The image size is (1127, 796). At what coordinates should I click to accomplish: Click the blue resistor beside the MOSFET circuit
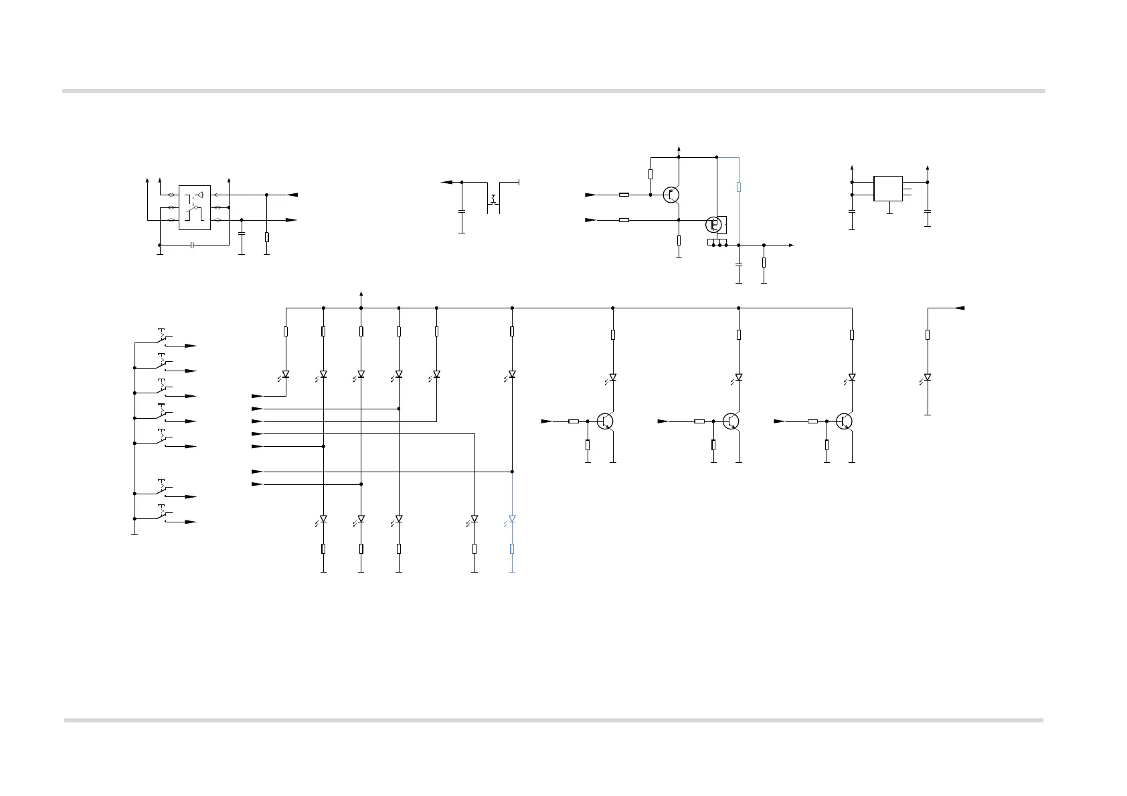(739, 187)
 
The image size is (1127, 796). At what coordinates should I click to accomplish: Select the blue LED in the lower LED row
(512, 519)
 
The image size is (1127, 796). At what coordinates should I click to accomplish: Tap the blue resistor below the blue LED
(512, 549)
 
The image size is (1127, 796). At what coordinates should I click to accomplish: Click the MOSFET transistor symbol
(715, 225)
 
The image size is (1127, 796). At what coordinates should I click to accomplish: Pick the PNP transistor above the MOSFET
(671, 195)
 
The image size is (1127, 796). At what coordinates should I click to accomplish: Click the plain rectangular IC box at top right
(888, 188)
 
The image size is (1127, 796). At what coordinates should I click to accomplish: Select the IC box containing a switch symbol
(195, 207)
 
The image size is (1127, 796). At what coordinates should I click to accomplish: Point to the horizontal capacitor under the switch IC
(192, 245)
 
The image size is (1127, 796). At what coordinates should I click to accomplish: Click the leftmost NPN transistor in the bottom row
(606, 421)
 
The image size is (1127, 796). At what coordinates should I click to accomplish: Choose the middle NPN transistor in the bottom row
(731, 421)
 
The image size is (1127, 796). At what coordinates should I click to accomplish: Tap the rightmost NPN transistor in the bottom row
(845, 421)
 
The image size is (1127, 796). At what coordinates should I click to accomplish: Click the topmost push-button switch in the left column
(163, 337)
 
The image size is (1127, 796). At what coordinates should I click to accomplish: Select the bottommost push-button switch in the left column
(163, 513)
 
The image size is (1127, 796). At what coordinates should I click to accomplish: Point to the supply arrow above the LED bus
(361, 294)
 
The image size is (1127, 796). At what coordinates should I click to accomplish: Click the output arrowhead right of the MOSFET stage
(792, 245)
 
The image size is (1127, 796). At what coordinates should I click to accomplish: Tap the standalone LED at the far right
(928, 378)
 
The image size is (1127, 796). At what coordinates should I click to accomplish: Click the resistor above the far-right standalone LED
(928, 334)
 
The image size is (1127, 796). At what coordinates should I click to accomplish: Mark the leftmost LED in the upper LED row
(286, 375)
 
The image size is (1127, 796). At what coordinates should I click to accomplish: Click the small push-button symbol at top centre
(493, 199)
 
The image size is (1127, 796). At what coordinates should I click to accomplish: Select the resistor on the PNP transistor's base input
(624, 195)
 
